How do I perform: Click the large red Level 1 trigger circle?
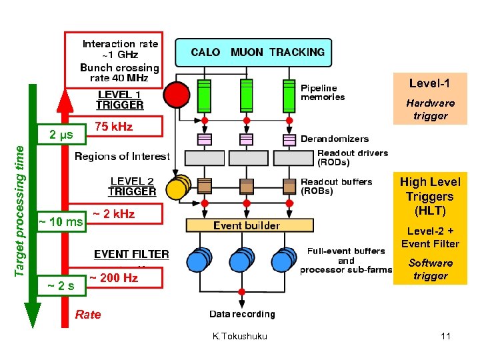click(x=177, y=95)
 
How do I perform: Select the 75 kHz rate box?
click(x=114, y=127)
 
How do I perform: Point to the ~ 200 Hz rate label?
click(x=113, y=278)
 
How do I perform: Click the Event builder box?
click(x=247, y=226)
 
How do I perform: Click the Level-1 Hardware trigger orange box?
click(x=430, y=99)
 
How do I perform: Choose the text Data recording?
click(x=242, y=314)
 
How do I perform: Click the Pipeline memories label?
click(x=323, y=92)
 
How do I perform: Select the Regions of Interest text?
click(x=122, y=157)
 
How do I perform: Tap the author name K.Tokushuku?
click(x=240, y=336)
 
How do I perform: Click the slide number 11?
click(x=445, y=336)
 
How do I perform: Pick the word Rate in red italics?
click(x=88, y=315)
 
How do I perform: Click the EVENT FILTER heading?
click(x=131, y=254)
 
